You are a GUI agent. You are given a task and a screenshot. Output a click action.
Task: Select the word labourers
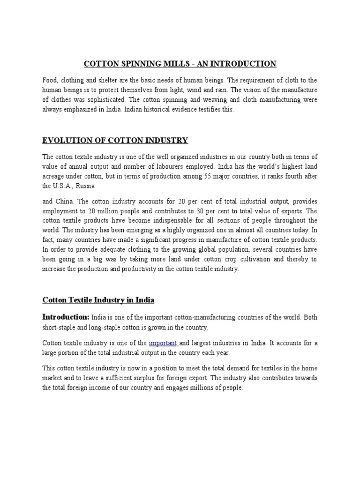[x=172, y=166]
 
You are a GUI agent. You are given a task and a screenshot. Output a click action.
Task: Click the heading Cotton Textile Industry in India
[x=98, y=300]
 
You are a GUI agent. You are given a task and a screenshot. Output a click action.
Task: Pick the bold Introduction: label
[x=66, y=317]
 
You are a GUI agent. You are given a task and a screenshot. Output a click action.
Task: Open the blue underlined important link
[x=163, y=343]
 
